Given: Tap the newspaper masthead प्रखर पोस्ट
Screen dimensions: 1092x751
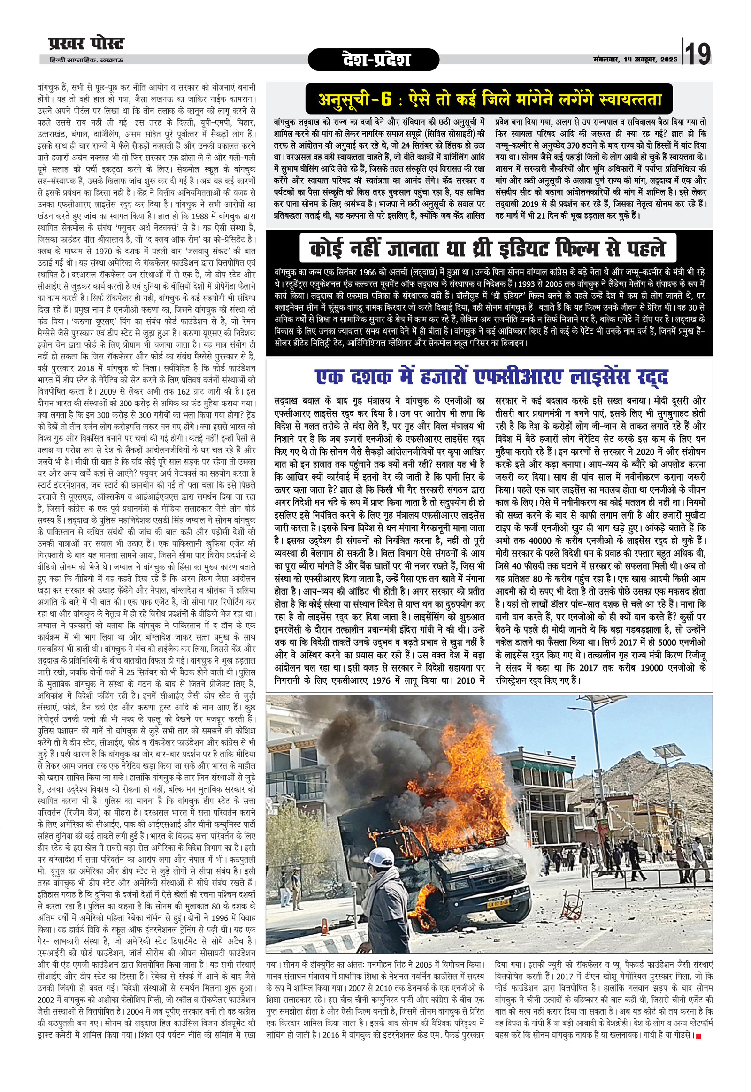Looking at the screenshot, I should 86,44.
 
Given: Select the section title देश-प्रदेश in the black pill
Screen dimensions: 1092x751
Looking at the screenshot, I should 375,60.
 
